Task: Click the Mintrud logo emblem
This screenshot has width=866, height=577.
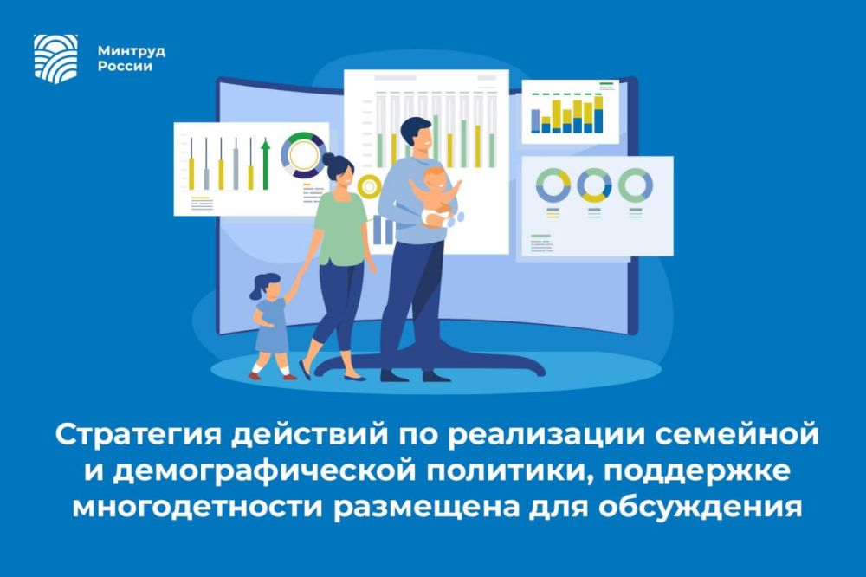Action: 55,57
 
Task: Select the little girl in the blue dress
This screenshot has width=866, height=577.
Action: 270,325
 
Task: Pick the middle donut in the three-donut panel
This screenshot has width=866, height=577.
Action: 594,185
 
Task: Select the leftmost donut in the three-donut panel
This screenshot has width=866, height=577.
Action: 553,185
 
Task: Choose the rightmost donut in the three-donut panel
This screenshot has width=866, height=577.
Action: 635,185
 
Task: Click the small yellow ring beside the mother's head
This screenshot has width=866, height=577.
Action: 370,186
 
